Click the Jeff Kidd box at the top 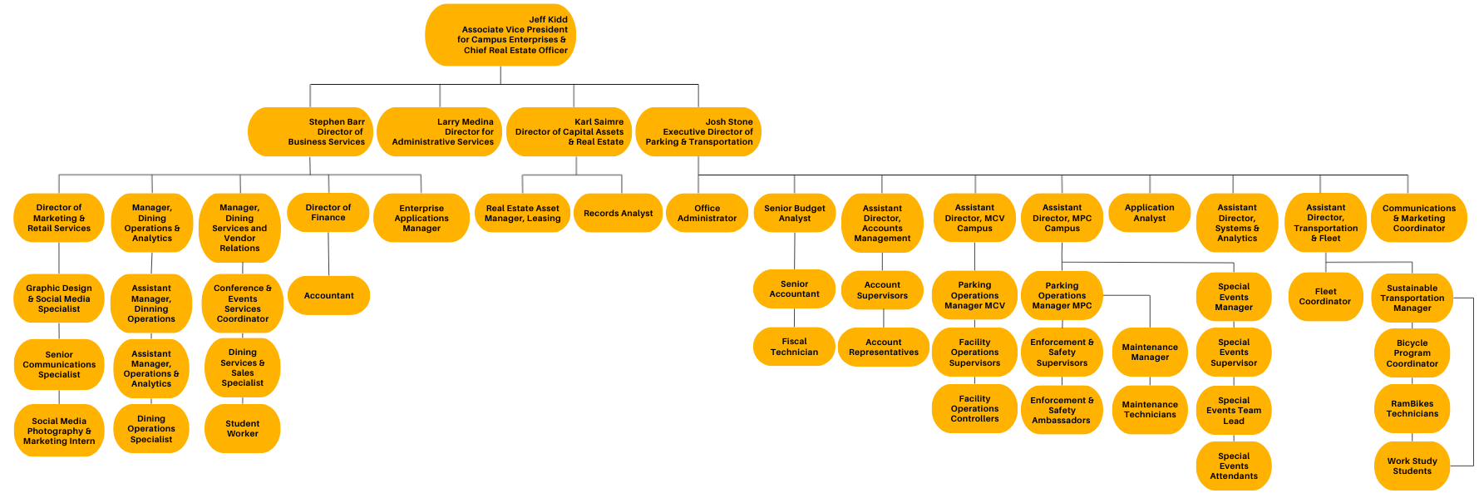[500, 35]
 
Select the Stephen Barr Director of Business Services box [310, 131]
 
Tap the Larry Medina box [439, 131]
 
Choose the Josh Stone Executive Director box [698, 131]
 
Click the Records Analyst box [618, 214]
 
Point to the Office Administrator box [707, 214]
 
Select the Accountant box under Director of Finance [328, 295]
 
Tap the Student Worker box [242, 428]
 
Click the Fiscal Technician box [794, 347]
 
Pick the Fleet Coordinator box [1325, 297]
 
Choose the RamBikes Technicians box [1412, 408]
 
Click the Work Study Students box [1412, 466]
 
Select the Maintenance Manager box [1150, 352]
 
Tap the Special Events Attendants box [1234, 466]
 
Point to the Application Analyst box [1150, 213]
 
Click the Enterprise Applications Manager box [422, 218]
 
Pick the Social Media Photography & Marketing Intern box [59, 431]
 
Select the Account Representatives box [883, 347]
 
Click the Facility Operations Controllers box [974, 408]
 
